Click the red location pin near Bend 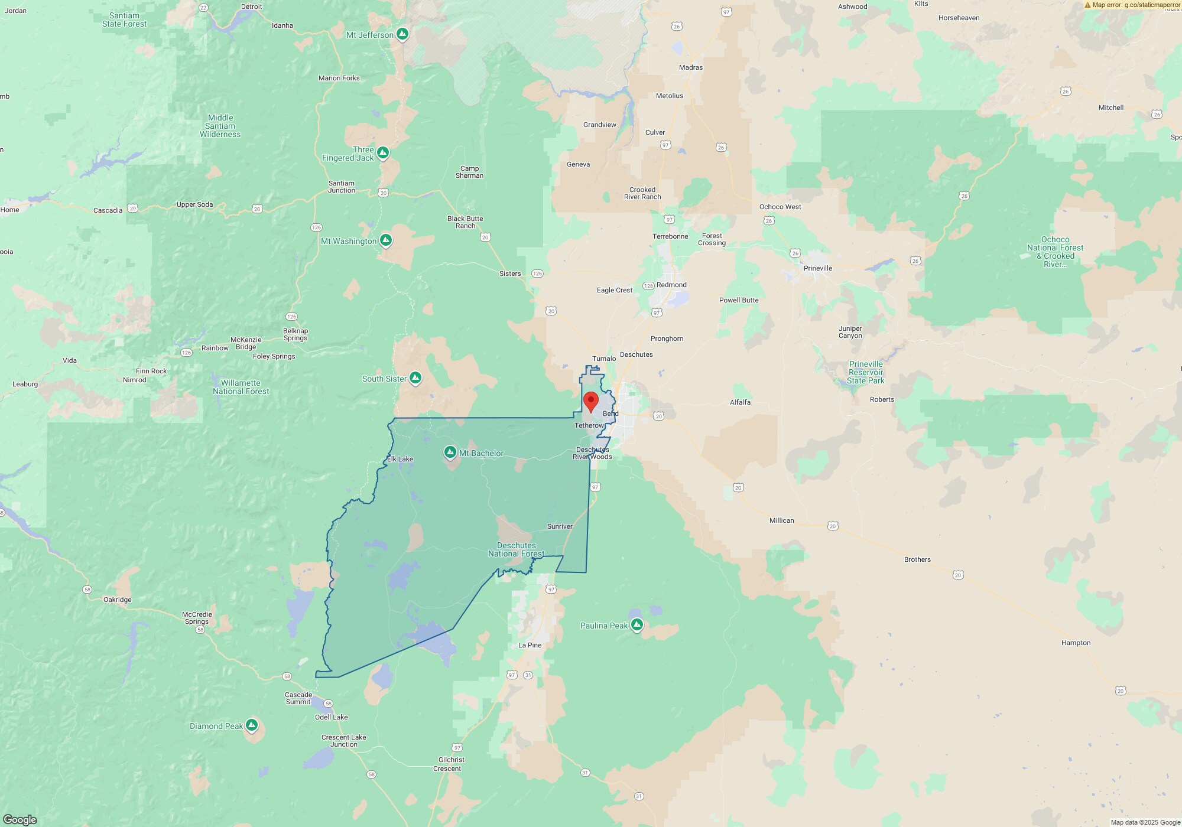[590, 401]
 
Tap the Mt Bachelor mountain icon [450, 453]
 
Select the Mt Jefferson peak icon [402, 34]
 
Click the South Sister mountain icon [415, 378]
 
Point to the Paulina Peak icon [637, 625]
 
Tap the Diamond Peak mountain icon [252, 725]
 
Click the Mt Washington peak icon [386, 240]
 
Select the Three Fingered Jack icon [383, 153]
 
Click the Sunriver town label [560, 526]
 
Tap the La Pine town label [530, 645]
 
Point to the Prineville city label [818, 268]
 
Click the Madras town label [691, 67]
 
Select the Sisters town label [510, 274]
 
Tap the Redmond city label [671, 285]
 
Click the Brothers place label [917, 559]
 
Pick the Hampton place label [1076, 643]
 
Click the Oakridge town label [117, 600]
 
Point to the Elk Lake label [400, 459]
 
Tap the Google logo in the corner [20, 819]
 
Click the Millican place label [781, 520]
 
